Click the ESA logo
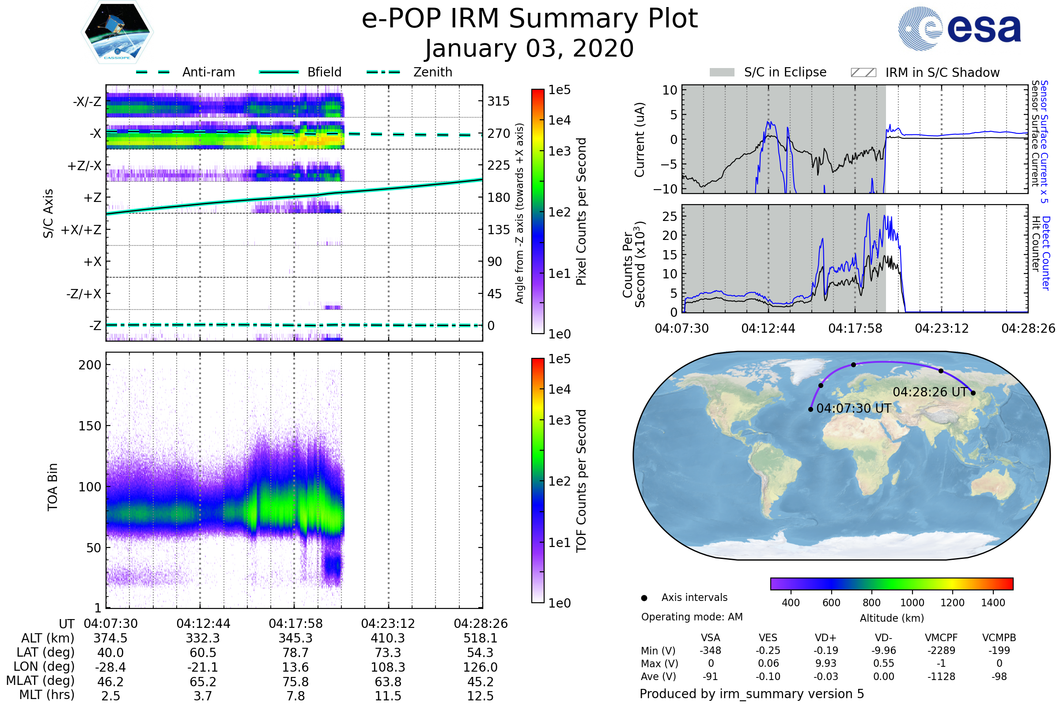959,28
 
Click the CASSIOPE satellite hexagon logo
117,32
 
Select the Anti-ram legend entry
185,72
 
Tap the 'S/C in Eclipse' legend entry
768,72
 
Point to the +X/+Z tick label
81,230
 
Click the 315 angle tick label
498,101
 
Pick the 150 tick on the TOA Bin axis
90,426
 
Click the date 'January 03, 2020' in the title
530,49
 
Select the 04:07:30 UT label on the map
854,408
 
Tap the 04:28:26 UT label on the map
930,392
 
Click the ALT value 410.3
388,638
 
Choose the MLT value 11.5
388,696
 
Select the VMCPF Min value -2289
941,650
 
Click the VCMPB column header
999,638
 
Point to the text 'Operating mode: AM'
692,617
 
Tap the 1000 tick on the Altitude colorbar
912,603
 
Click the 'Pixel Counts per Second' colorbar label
581,212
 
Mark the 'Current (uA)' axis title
640,140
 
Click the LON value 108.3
388,667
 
